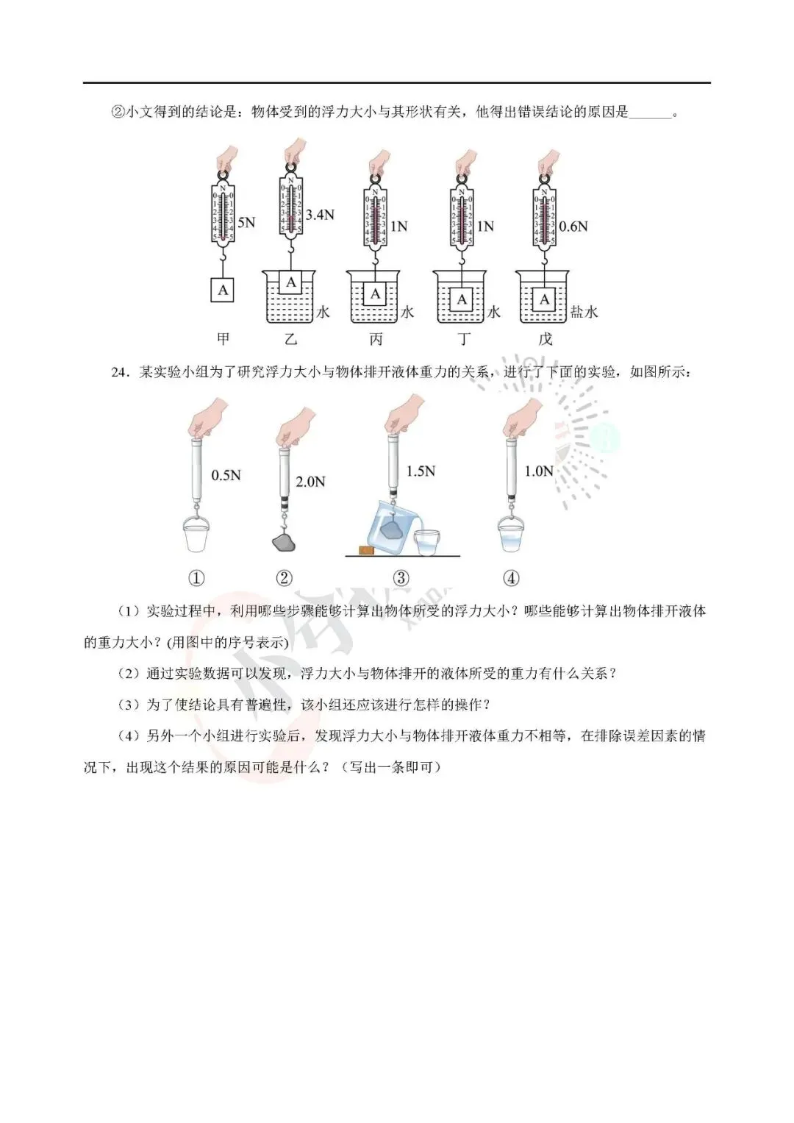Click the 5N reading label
246,222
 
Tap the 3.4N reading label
320,215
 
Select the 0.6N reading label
573,227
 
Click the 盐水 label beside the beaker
584,312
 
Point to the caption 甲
223,339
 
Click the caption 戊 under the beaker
545,339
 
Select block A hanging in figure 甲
223,290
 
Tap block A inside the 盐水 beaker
545,299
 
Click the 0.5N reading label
226,476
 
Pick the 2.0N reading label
310,482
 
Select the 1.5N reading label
421,471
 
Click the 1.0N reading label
538,471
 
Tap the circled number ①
196,578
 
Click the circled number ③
401,578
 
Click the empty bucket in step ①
196,535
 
